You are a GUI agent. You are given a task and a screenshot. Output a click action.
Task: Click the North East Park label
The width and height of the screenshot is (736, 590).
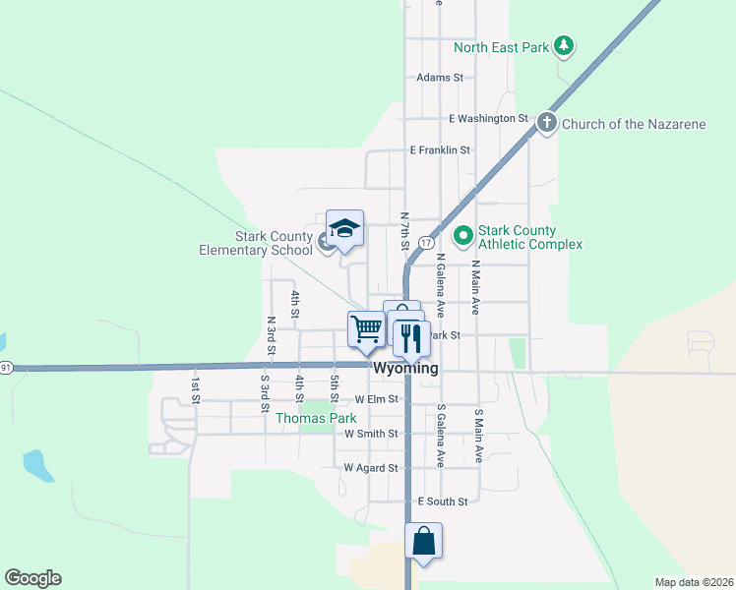pyautogui.click(x=500, y=46)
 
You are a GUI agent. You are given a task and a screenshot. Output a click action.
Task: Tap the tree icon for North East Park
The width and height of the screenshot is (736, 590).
pyautogui.click(x=563, y=45)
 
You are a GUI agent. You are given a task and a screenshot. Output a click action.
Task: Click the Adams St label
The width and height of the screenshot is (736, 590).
pyautogui.click(x=439, y=77)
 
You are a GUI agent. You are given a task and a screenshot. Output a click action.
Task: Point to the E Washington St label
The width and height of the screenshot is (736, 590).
pyautogui.click(x=488, y=118)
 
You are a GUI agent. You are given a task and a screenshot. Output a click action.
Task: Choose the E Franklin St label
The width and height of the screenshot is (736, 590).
pyautogui.click(x=440, y=150)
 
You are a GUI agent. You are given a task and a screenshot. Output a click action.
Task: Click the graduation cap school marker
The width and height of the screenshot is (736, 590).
pyautogui.click(x=344, y=230)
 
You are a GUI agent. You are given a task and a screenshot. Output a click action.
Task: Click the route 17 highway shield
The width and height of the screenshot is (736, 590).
pyautogui.click(x=425, y=242)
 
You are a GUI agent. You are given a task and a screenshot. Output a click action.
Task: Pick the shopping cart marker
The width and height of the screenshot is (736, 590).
pyautogui.click(x=367, y=328)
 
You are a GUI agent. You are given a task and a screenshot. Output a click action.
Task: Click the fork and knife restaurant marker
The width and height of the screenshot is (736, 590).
pyautogui.click(x=410, y=339)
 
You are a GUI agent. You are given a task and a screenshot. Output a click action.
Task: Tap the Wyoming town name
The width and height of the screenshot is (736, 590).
pyautogui.click(x=405, y=368)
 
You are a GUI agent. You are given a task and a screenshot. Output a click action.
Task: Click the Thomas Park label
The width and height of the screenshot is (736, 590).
pyautogui.click(x=316, y=418)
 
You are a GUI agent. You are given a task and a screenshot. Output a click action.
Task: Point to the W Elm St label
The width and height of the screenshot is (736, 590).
pyautogui.click(x=377, y=399)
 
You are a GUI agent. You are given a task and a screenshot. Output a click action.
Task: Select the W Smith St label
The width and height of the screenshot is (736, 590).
pyautogui.click(x=371, y=433)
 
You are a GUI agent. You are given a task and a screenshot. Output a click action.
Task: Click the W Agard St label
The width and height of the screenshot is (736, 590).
pyautogui.click(x=371, y=468)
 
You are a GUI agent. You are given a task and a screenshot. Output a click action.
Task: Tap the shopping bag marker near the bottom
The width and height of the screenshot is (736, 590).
pyautogui.click(x=423, y=541)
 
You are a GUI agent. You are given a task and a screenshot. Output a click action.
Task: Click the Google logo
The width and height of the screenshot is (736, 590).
pyautogui.click(x=32, y=578)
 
